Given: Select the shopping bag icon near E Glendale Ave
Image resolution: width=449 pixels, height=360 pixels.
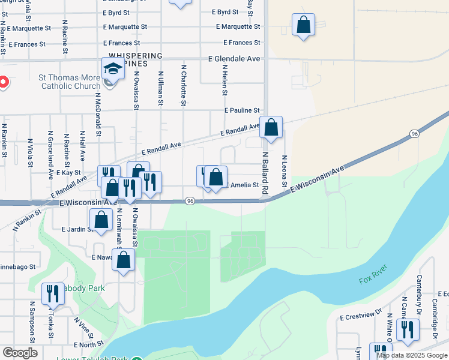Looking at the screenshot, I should coord(304,26).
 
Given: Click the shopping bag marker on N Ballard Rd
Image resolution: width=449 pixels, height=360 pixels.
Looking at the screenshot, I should coord(271,128).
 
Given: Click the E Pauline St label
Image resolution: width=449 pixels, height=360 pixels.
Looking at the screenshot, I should coord(242,111).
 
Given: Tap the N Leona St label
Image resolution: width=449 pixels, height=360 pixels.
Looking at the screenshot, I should coord(284,171).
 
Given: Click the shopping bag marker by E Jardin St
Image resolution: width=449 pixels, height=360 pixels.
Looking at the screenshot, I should coord(101,220).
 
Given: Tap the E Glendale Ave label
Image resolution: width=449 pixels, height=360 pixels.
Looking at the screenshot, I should coord(234,59).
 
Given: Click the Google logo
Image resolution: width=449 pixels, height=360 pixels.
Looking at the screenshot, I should coord(19,353).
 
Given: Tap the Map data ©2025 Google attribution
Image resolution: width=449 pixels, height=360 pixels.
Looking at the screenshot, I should coord(412,355).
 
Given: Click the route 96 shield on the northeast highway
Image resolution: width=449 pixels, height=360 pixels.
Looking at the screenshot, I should coord(414,133).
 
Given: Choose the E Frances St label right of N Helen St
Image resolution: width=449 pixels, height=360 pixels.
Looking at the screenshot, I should coord(242,43).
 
